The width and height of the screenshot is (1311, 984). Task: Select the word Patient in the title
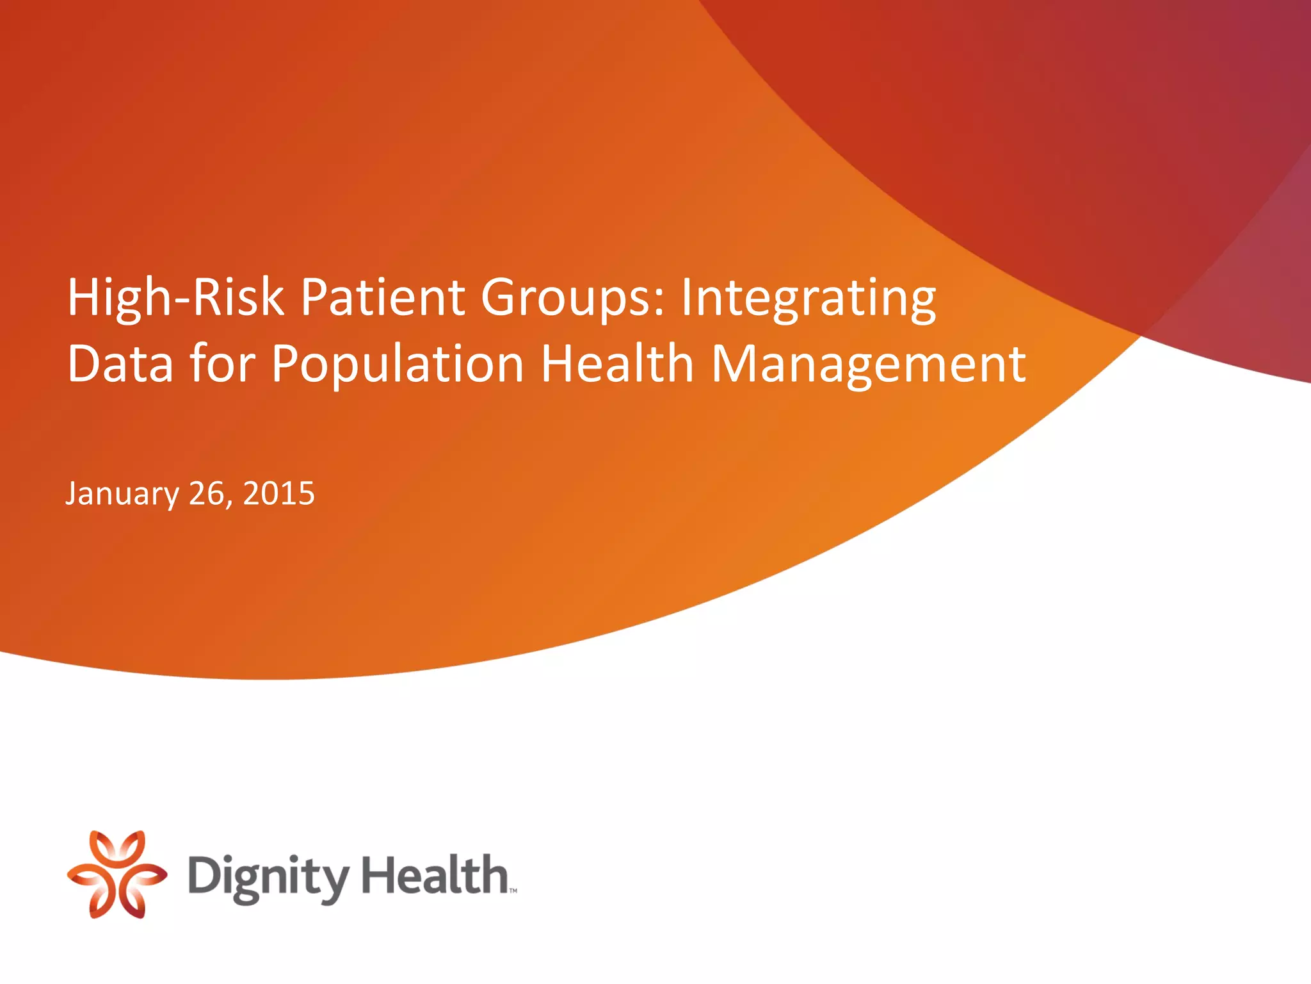(383, 298)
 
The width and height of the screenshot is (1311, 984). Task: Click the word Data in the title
(120, 364)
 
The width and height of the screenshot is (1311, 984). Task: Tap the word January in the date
(122, 495)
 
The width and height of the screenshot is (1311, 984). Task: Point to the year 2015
(278, 493)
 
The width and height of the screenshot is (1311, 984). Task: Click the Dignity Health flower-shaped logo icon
(117, 874)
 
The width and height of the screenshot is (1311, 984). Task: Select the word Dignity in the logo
(268, 878)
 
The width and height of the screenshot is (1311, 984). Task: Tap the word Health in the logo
(435, 874)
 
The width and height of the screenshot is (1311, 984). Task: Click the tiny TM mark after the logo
(513, 890)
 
